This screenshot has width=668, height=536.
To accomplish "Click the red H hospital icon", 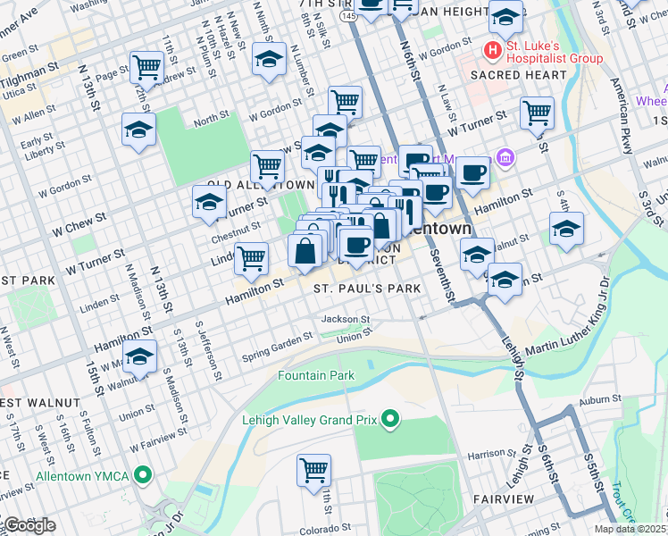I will click(x=490, y=48).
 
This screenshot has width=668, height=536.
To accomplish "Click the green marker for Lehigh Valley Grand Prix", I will click(x=389, y=418).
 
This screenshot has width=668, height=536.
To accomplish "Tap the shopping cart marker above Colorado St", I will click(x=314, y=469).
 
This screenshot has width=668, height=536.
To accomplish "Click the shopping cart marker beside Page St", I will click(x=146, y=66).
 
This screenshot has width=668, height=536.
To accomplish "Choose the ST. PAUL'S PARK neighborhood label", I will click(x=366, y=289).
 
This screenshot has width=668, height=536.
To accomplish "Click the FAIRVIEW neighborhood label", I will click(x=505, y=498).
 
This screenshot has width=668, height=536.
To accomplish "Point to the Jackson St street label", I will click(x=346, y=319).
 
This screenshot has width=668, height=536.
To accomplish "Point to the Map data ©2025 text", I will click(x=630, y=529).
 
